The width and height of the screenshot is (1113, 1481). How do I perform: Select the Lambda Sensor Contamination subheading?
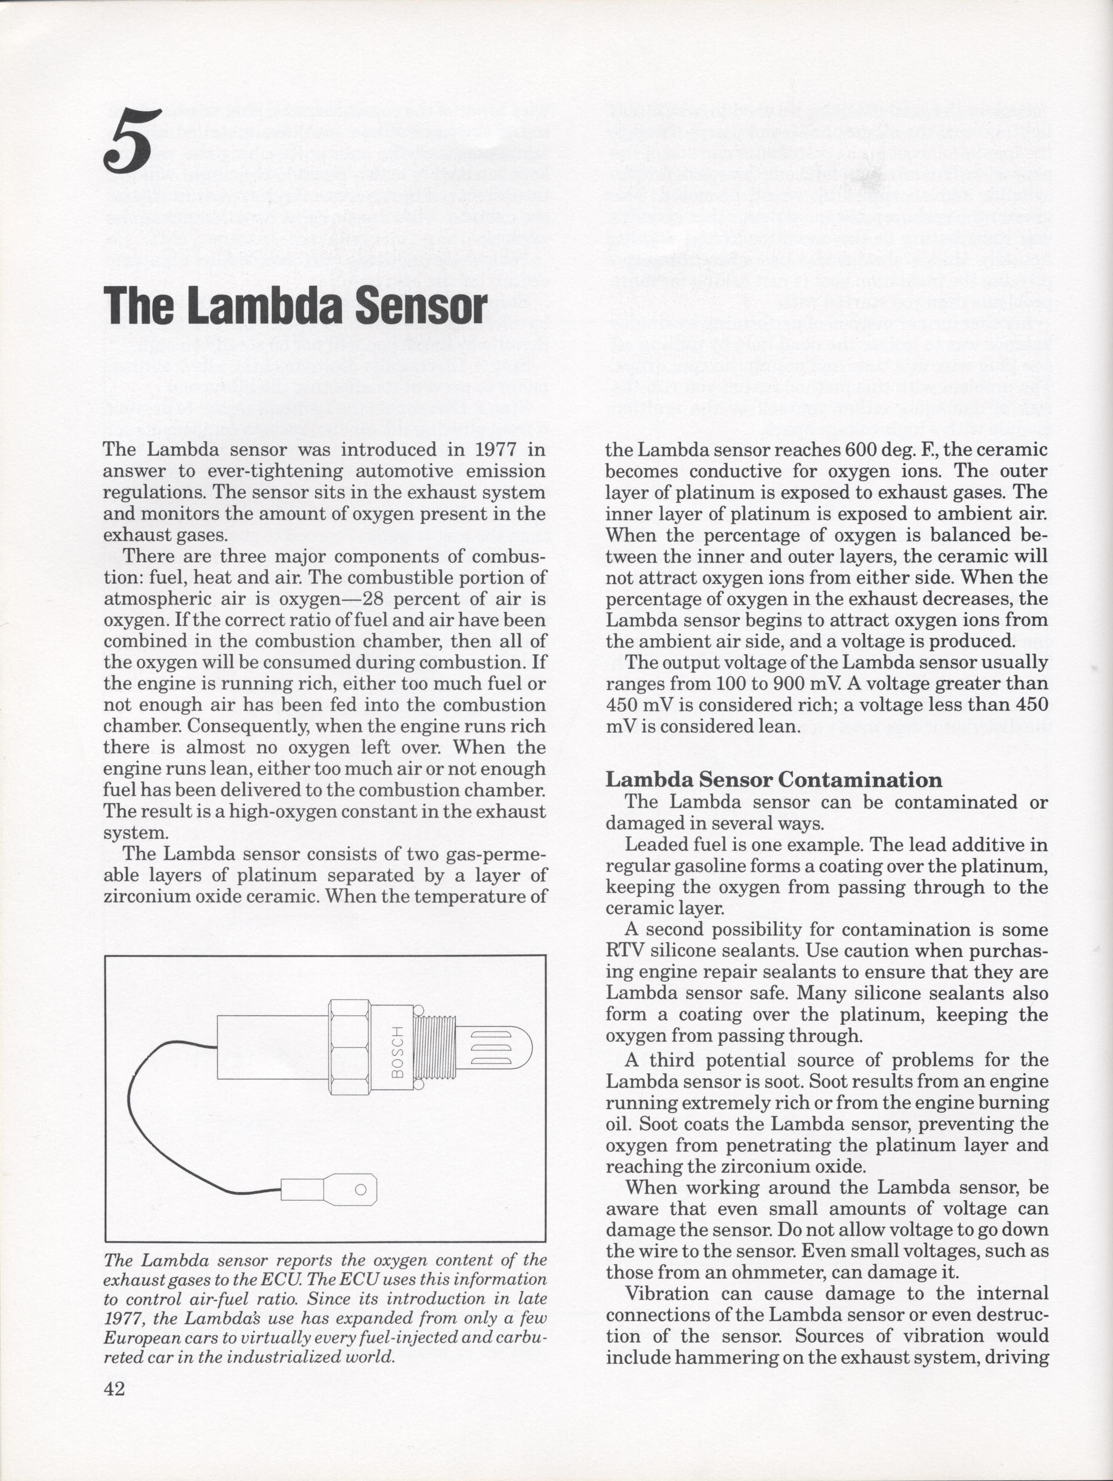pos(774,780)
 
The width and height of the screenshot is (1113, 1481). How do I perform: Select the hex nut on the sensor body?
pos(350,1047)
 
